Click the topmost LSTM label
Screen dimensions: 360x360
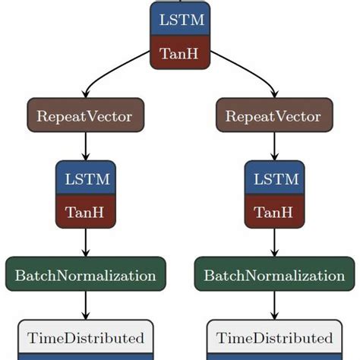180,20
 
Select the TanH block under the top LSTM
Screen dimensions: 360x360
180,54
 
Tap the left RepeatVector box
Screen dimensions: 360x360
86,116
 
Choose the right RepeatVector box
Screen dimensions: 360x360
274,116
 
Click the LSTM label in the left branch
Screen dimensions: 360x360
86,180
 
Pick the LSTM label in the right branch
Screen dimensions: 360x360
274,180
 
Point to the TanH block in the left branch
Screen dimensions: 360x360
86,212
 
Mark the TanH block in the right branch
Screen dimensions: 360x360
274,212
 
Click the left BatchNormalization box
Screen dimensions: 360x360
86,275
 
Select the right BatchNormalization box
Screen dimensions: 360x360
274,275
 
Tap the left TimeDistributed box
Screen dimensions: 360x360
86,337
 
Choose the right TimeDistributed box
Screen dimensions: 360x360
274,337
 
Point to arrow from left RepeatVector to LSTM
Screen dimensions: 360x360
86,147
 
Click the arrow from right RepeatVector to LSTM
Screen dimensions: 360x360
274,147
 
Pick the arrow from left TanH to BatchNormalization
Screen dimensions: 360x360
86,243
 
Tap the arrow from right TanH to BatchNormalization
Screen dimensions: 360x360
274,243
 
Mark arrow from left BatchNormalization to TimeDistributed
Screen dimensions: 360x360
86,306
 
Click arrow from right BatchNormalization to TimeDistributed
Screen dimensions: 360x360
274,306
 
